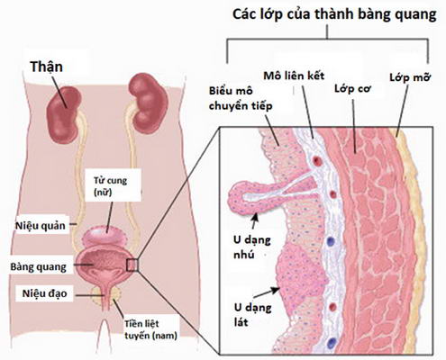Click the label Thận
tap(46, 67)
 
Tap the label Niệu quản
tap(41, 225)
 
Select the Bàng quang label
tap(38, 267)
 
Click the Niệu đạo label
tap(44, 293)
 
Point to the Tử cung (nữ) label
tap(110, 185)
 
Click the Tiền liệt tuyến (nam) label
tap(150, 329)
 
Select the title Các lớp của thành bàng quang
tap(334, 14)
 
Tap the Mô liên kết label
tap(294, 76)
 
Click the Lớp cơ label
tap(353, 88)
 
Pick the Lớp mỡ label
tap(410, 77)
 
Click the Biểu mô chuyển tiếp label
tap(241, 98)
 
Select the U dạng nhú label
tap(252, 247)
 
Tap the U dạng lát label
tap(252, 314)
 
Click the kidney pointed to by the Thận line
tap(64, 115)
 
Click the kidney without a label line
tap(148, 103)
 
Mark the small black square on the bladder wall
tap(132, 265)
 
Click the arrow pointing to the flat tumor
tap(268, 292)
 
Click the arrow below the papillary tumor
tap(255, 220)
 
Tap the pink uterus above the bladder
tap(105, 236)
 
